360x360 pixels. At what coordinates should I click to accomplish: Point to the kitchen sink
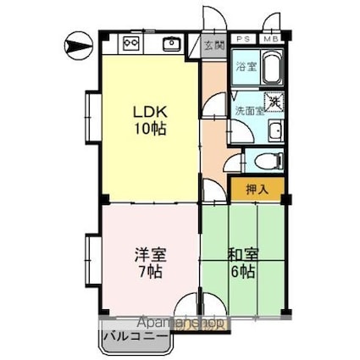[170, 42]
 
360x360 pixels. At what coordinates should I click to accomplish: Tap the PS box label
[242, 39]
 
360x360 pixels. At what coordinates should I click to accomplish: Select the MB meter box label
[270, 39]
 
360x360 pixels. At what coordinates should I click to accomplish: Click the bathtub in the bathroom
[272, 66]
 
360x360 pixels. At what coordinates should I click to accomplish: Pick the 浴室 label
[246, 66]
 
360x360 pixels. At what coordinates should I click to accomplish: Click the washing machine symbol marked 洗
[274, 102]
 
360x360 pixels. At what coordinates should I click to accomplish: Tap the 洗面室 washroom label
[249, 110]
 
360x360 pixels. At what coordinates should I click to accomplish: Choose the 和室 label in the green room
[241, 255]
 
